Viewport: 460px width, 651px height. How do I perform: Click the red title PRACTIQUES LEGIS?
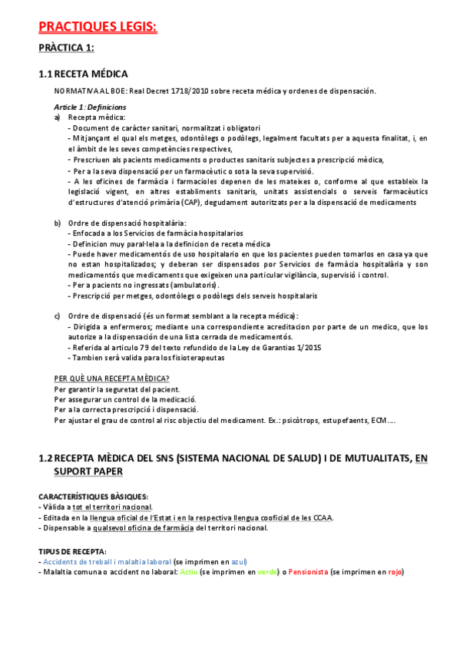98,28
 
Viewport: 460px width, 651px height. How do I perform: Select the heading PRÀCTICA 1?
67,48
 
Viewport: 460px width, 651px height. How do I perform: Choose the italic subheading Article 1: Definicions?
90,107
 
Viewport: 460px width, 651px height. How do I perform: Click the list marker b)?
58,223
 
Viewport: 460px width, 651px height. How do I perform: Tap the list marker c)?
58,316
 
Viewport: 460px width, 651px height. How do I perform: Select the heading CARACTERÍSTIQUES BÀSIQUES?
94,496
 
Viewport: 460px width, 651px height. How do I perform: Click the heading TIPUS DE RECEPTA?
73,551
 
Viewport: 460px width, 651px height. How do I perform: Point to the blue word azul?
239,561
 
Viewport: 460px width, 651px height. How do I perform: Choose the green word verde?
268,572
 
